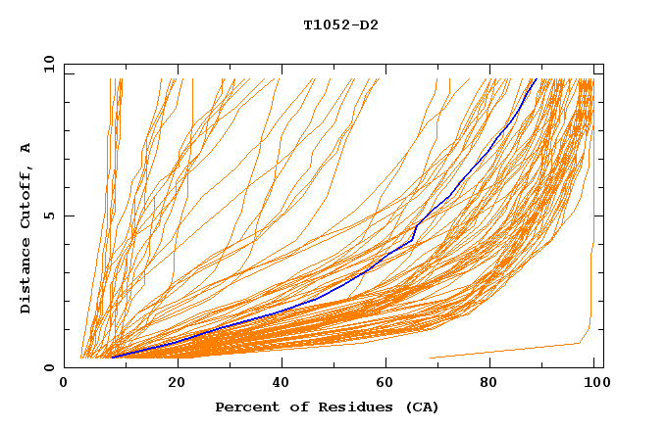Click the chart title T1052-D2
[340, 24]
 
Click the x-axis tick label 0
[64, 382]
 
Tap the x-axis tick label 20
[177, 382]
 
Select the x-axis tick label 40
[282, 382]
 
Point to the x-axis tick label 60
[387, 382]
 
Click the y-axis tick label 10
[48, 65]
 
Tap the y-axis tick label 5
[48, 215]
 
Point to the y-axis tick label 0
[48, 367]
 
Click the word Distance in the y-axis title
[26, 277]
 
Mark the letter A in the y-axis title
[26, 148]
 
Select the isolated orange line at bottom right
[510, 350]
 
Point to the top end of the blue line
[535, 79]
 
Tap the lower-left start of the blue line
[113, 358]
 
